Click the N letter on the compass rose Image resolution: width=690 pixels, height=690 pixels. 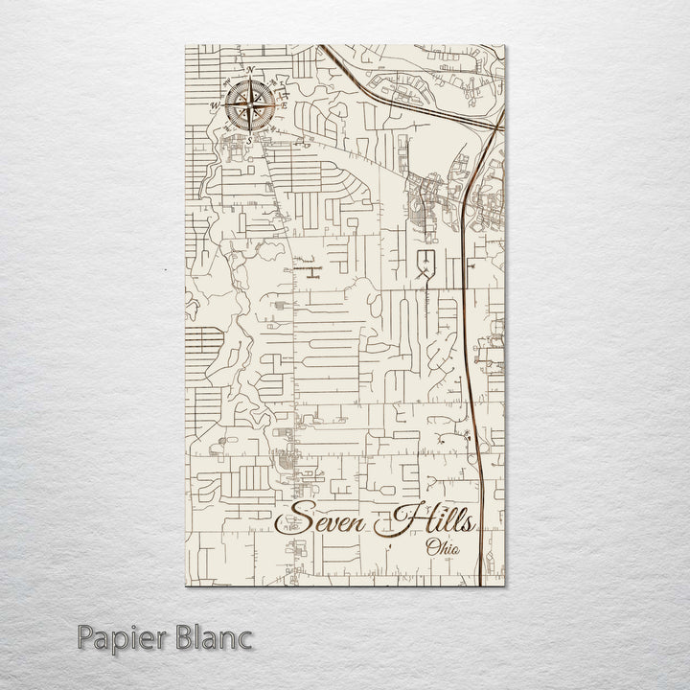point(249,71)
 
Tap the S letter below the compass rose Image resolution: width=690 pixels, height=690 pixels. point(249,139)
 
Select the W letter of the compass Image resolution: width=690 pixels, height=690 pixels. point(214,105)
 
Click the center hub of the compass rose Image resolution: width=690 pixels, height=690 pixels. point(248,103)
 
